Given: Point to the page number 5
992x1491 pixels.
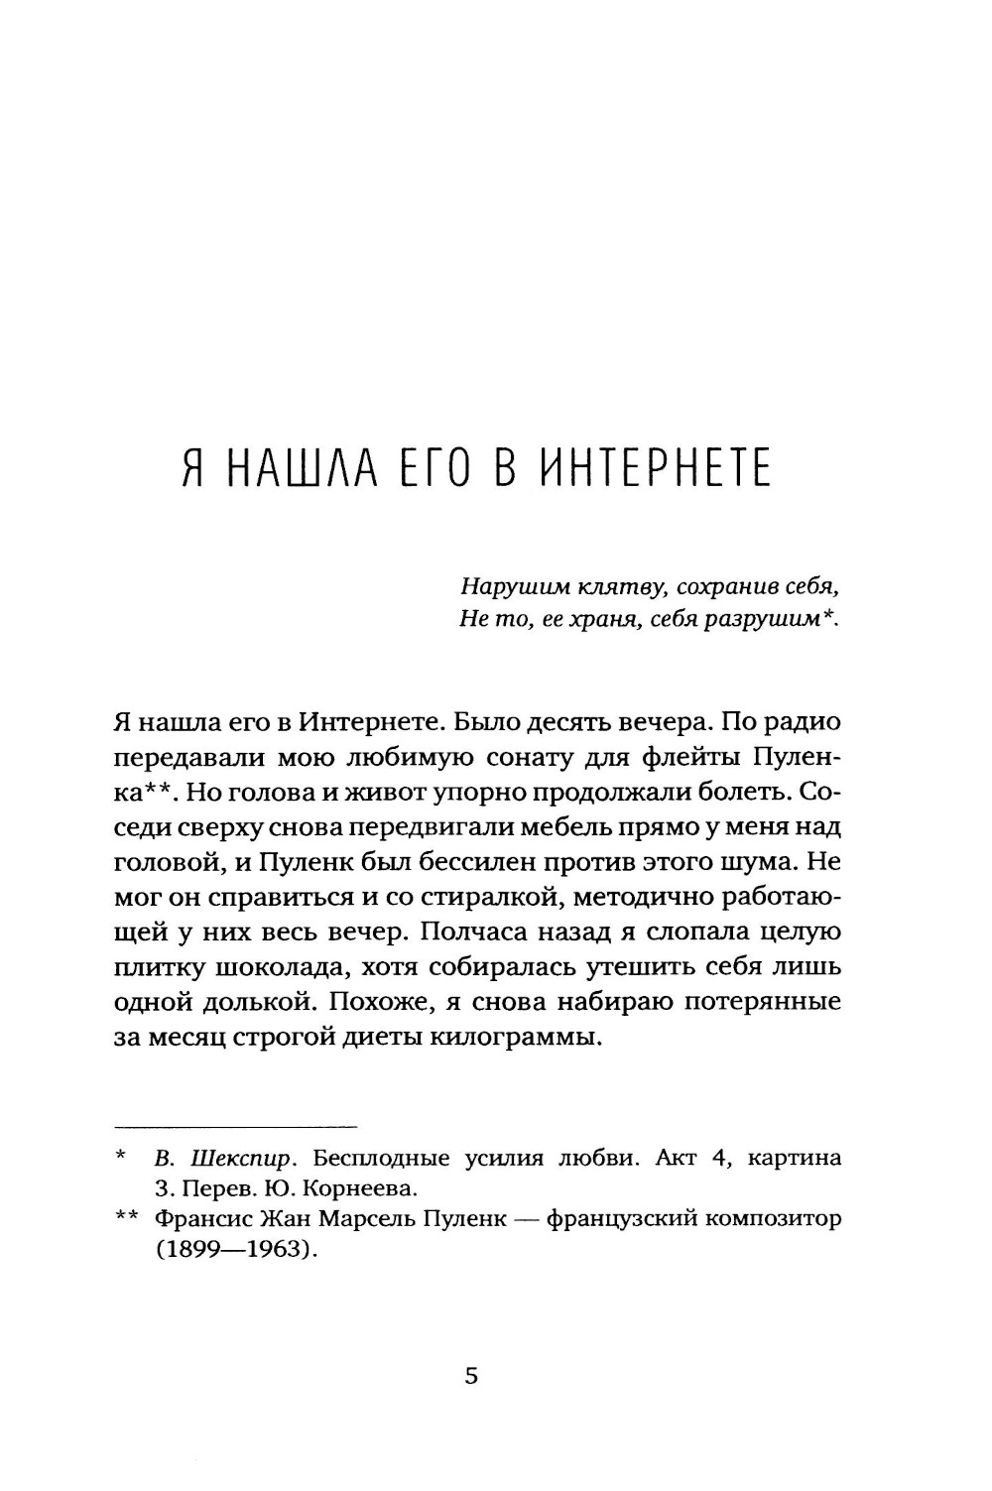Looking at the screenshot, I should point(471,1376).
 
